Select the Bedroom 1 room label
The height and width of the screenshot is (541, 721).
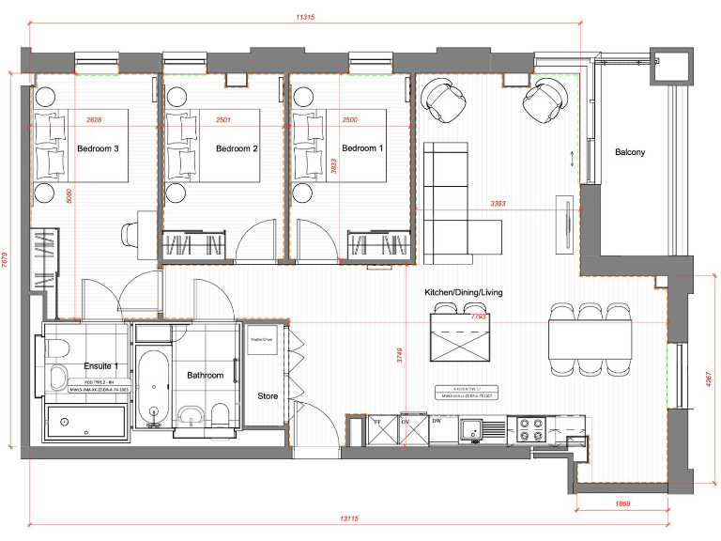coord(362,148)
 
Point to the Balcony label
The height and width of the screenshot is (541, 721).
coord(630,152)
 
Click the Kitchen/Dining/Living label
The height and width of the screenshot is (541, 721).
coord(463,292)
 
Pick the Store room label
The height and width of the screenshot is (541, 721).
coord(268,396)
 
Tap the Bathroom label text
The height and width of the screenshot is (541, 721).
coord(205,375)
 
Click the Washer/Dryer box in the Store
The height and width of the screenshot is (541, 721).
coord(260,343)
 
